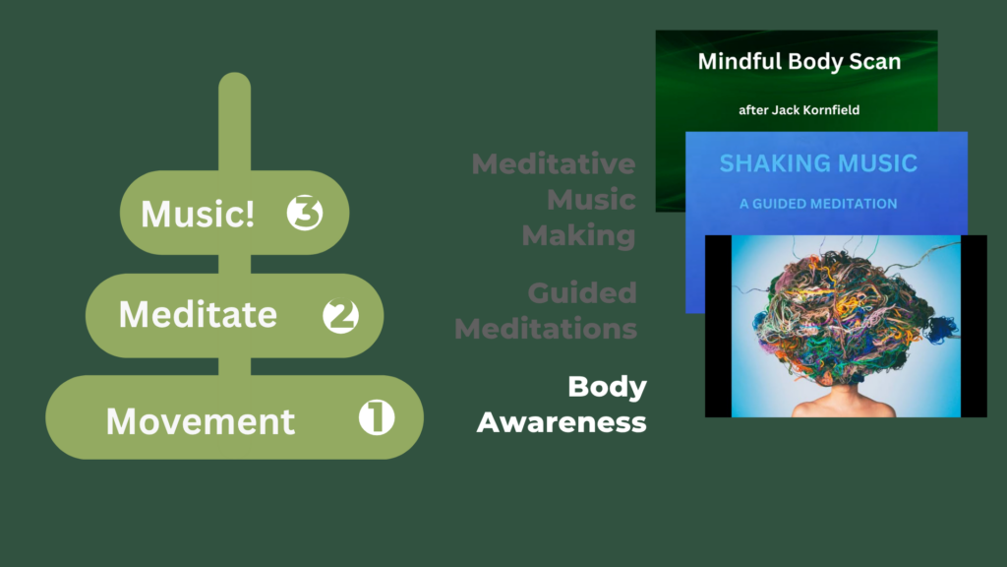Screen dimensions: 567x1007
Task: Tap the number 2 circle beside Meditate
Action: pyautogui.click(x=340, y=316)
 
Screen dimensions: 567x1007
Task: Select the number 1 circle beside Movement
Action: pyautogui.click(x=376, y=418)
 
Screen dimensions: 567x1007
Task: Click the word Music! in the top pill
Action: pyautogui.click(x=198, y=214)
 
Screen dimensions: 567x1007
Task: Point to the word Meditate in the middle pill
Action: pyautogui.click(x=198, y=315)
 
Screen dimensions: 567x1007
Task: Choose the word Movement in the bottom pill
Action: pyautogui.click(x=201, y=421)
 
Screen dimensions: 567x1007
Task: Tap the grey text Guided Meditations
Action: pyautogui.click(x=547, y=310)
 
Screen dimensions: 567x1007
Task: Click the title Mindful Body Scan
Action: pyautogui.click(x=799, y=61)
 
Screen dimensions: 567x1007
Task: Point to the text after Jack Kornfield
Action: pyautogui.click(x=799, y=110)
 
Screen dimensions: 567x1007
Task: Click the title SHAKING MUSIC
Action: pyautogui.click(x=818, y=163)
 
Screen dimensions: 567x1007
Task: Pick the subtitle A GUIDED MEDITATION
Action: pyautogui.click(x=818, y=204)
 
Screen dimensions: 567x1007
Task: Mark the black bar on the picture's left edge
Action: pyautogui.click(x=717, y=326)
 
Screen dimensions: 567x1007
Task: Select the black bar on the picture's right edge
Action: pyautogui.click(x=974, y=326)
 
